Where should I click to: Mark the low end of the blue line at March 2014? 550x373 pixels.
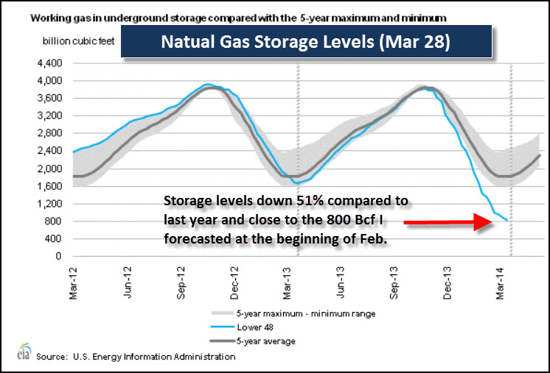pos(505,220)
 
